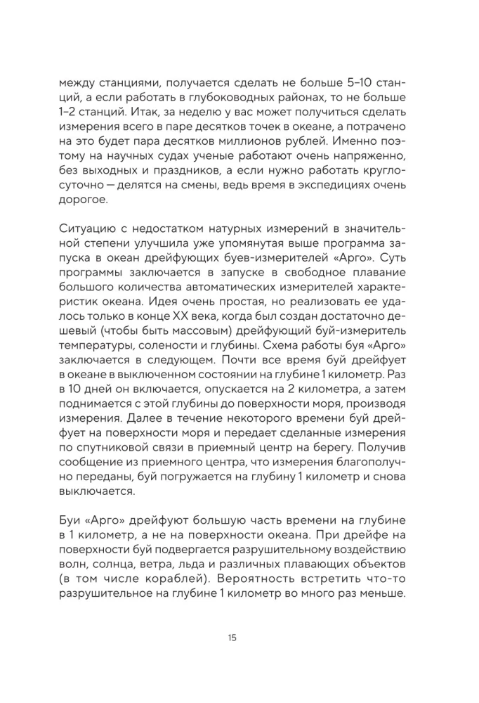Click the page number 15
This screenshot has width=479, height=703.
click(232, 638)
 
